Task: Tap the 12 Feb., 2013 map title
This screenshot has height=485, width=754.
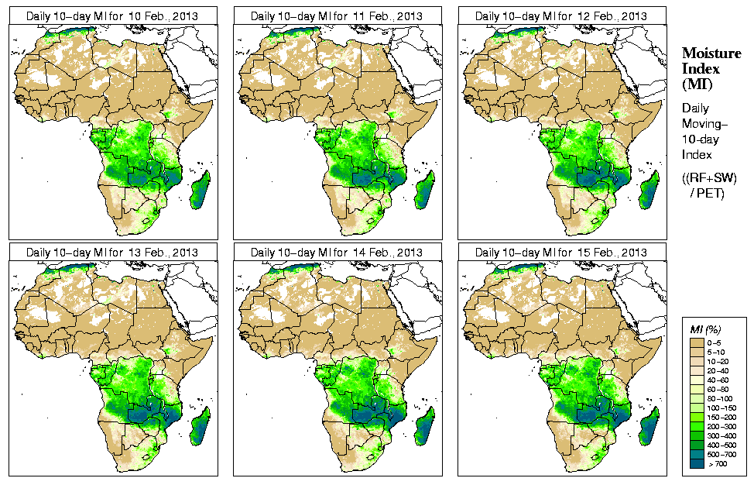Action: point(560,15)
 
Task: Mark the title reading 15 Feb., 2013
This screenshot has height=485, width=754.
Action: point(560,253)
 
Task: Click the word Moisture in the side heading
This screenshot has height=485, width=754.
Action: point(711,53)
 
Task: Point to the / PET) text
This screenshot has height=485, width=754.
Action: point(707,193)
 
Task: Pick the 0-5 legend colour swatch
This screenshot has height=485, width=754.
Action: point(696,342)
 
